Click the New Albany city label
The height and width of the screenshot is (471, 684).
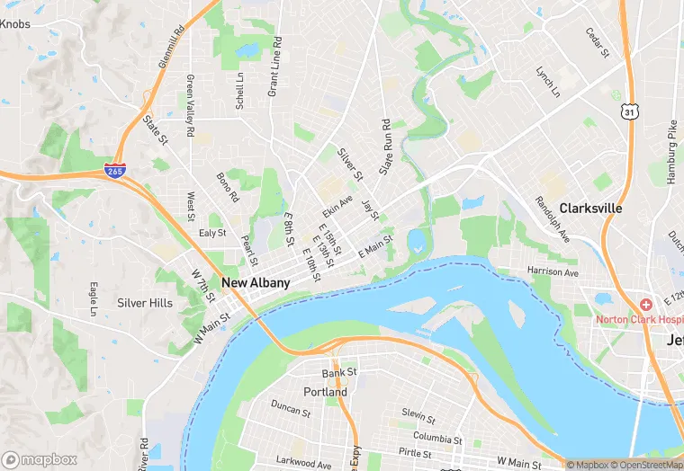point(256,283)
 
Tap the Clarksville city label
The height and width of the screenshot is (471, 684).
point(590,208)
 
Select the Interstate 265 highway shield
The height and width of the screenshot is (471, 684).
point(114,171)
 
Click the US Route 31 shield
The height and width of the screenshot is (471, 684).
point(629,110)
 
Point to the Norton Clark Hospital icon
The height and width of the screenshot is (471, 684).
point(645,306)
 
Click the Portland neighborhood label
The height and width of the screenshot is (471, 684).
point(325,393)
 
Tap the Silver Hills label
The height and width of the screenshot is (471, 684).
point(144,303)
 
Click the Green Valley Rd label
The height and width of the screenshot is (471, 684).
point(190,105)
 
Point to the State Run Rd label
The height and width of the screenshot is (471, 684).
point(386,147)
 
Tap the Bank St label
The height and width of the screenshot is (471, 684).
point(339,372)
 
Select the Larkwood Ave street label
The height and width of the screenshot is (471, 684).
point(304,464)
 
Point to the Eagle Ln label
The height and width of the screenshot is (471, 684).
point(93,299)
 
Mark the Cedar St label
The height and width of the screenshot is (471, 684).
point(598,42)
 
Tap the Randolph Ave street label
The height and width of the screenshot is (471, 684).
point(552,219)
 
